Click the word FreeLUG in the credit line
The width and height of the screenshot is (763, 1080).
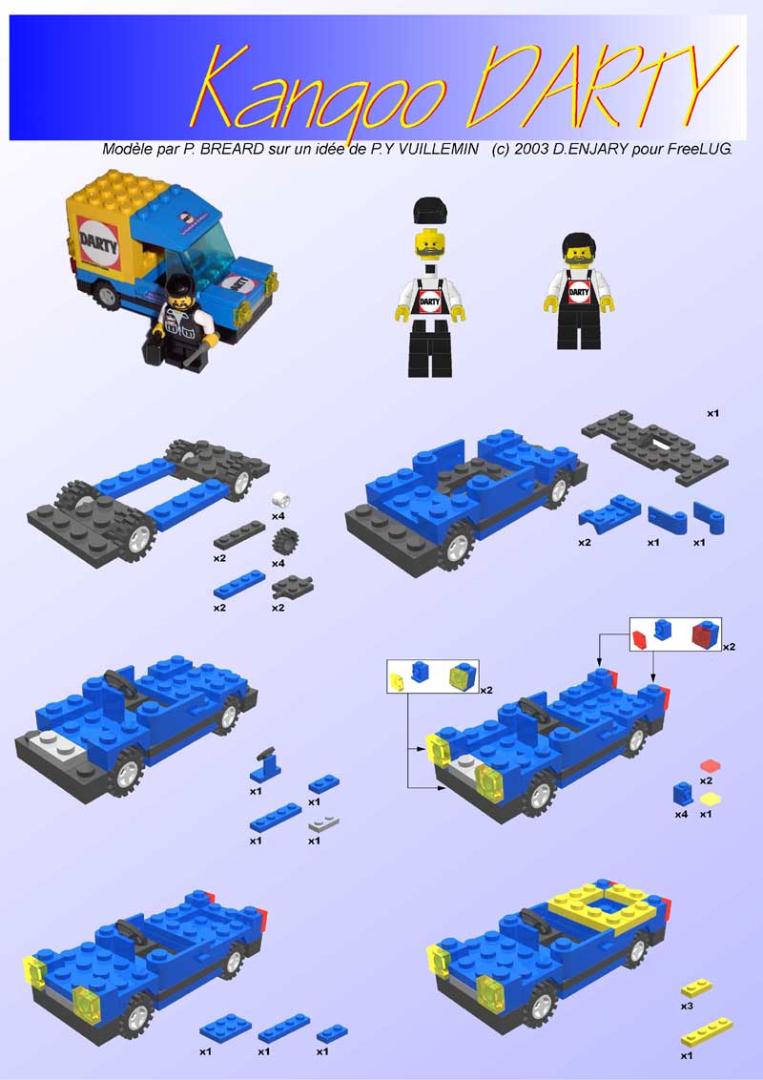point(700,150)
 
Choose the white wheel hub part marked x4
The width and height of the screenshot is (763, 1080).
point(280,499)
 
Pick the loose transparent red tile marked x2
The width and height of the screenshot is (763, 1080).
point(711,765)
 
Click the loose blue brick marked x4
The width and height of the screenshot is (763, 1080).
point(683,794)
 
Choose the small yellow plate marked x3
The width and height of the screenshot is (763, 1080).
point(695,986)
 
